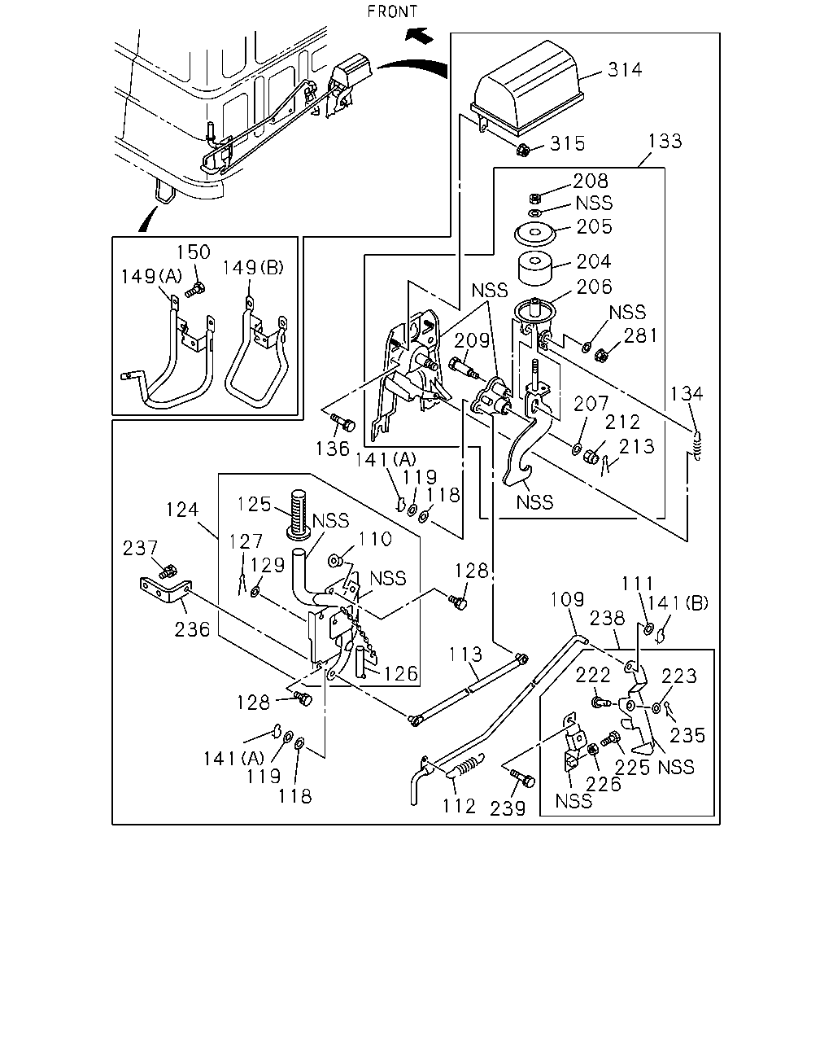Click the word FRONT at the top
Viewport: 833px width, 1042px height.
point(392,11)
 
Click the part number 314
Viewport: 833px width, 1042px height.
point(625,70)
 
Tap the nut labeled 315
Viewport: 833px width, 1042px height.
point(523,150)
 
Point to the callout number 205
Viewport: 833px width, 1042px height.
point(595,226)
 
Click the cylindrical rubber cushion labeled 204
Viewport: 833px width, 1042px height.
point(535,268)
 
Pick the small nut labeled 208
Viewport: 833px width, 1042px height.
point(534,198)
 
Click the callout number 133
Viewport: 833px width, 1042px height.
point(665,141)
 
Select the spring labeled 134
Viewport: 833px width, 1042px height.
point(697,445)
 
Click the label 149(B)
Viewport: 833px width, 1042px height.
point(253,267)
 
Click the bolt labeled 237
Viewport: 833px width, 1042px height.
point(168,571)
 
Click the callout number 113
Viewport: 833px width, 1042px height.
point(465,655)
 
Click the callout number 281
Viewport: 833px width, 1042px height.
point(640,335)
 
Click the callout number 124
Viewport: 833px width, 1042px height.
point(182,510)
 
